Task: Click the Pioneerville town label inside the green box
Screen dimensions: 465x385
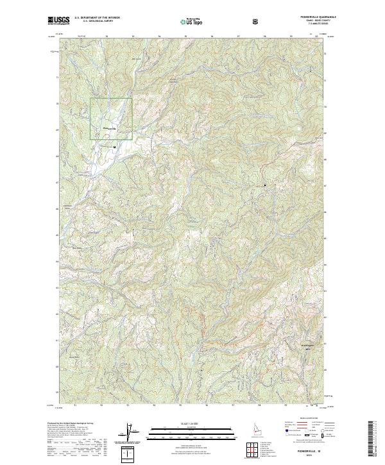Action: (110, 128)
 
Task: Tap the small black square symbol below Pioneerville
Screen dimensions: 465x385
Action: (115, 147)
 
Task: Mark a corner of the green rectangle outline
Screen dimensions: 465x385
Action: (90, 99)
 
